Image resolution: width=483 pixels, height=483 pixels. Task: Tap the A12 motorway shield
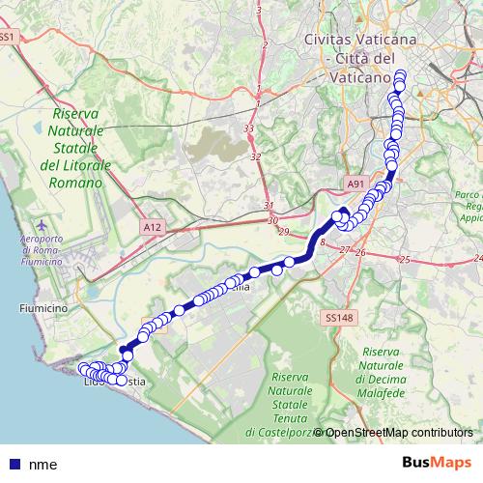click(150, 226)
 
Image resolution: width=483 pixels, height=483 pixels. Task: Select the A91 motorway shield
click(355, 180)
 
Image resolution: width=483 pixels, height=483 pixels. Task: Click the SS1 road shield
click(8, 37)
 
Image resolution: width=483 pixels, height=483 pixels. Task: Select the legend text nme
click(43, 464)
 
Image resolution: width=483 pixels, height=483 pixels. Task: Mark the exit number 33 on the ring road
click(249, 128)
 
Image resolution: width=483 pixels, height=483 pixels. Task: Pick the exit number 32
click(255, 156)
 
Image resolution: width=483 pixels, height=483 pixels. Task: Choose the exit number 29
click(283, 232)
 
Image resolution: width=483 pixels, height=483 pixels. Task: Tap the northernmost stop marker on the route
click(399, 75)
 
